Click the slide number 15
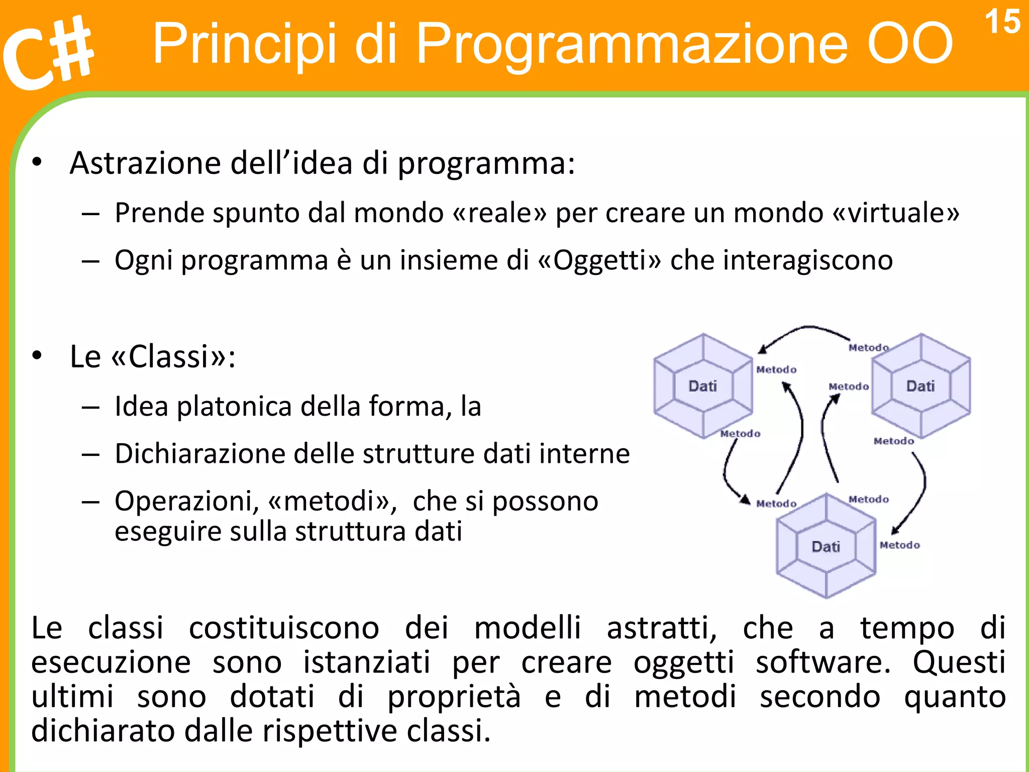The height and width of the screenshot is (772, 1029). (1002, 23)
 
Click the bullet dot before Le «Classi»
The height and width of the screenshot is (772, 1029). (37, 356)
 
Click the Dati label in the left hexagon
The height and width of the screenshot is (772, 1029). (702, 386)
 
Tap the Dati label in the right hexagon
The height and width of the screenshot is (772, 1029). (920, 386)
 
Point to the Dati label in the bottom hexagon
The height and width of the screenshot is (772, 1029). (826, 546)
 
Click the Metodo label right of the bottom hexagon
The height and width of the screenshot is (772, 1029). (899, 545)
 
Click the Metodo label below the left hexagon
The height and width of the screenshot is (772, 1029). (740, 434)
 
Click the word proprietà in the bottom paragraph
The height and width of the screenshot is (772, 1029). (454, 697)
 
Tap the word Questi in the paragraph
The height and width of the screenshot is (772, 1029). (959, 662)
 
